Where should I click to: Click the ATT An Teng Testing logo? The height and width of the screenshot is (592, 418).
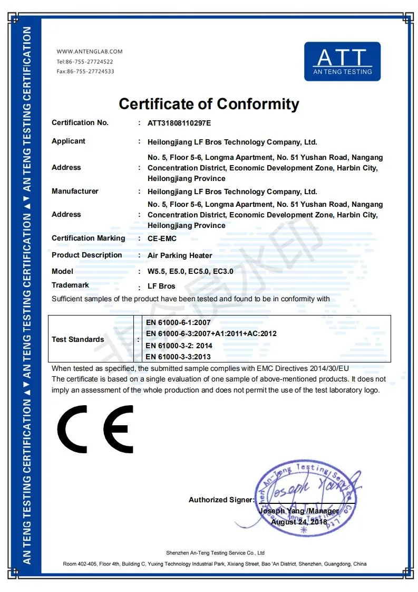342,61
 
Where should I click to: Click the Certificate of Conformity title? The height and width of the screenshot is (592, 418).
209,103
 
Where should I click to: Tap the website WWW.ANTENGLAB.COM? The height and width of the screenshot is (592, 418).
90,52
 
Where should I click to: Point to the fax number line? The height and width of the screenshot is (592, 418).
85,71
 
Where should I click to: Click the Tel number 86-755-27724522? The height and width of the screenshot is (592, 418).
85,62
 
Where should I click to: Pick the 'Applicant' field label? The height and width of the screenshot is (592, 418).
68,141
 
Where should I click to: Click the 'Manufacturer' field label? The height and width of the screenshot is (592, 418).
75,191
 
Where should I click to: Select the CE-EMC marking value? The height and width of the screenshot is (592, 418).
162,238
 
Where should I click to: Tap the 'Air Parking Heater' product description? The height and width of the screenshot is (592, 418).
180,255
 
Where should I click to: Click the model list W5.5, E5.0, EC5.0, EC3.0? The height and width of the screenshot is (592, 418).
190,272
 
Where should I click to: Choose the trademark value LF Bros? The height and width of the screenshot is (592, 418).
161,287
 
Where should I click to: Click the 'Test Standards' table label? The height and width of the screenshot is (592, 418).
77,339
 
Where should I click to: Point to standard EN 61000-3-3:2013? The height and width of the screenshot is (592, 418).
178,357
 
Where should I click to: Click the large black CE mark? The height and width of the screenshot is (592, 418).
95,428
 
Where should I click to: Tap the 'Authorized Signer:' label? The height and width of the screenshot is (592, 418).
221,500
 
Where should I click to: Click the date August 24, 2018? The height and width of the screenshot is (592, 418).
299,522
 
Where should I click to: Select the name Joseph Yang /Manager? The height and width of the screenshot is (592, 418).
299,511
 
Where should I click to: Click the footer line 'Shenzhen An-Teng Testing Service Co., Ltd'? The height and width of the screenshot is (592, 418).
215,553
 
